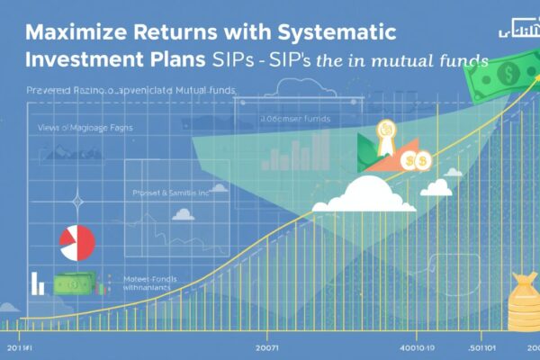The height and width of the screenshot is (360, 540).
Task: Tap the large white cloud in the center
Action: point(364,193)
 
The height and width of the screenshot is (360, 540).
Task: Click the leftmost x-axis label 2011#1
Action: point(19,345)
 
